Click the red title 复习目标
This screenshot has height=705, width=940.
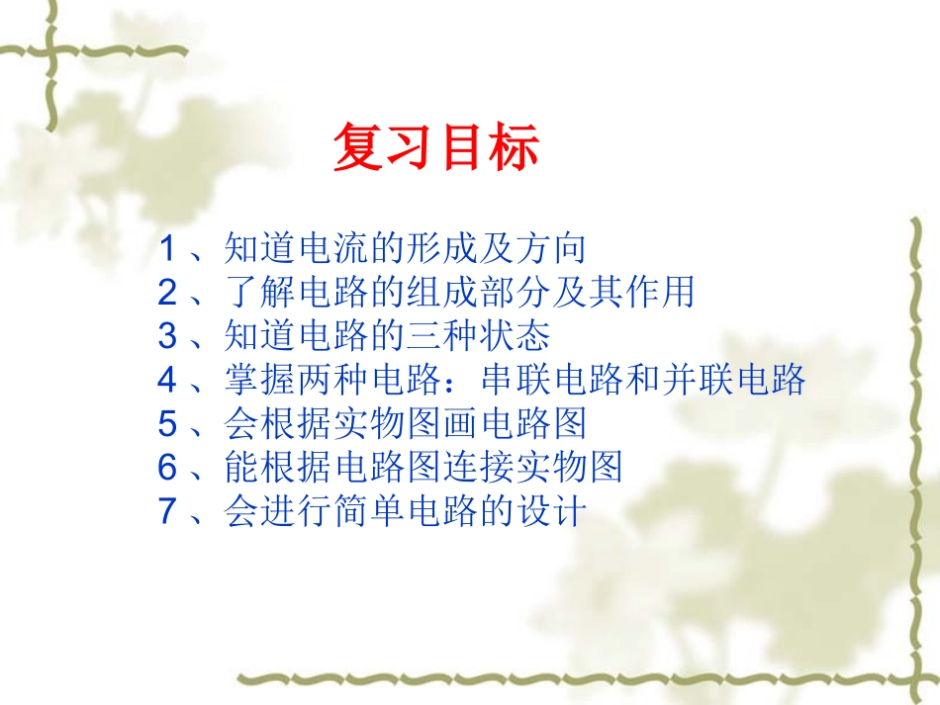(x=435, y=148)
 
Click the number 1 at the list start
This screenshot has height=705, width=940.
(x=167, y=248)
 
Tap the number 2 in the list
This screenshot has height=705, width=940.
(x=167, y=292)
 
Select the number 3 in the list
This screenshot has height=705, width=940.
(x=167, y=336)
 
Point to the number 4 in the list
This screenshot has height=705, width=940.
(x=167, y=380)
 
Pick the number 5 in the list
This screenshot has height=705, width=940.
(x=167, y=424)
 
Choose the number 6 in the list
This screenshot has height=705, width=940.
(x=167, y=468)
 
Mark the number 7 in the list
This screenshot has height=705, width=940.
(x=167, y=512)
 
